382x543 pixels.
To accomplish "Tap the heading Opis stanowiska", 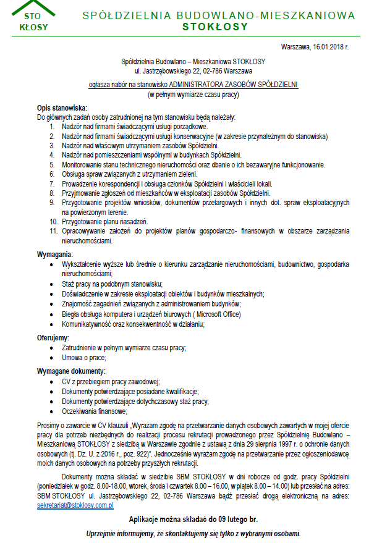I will click(x=62, y=108).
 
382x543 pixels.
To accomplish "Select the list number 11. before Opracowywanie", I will click(x=53, y=230).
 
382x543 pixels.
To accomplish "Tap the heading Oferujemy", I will click(x=53, y=338).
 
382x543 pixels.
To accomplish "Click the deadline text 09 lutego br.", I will click(x=232, y=520).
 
